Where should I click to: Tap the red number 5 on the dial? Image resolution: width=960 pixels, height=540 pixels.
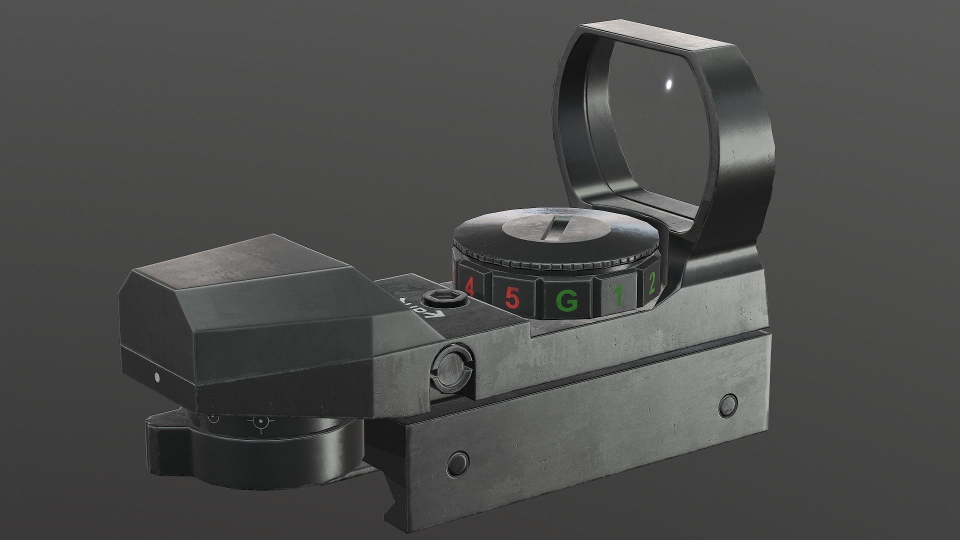511,298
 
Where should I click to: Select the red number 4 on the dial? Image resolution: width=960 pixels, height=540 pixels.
469,286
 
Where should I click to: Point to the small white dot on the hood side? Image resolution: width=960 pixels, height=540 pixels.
157,376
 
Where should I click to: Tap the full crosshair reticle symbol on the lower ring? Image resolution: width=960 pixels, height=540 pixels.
260,422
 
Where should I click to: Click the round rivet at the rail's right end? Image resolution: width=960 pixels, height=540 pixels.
729,400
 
